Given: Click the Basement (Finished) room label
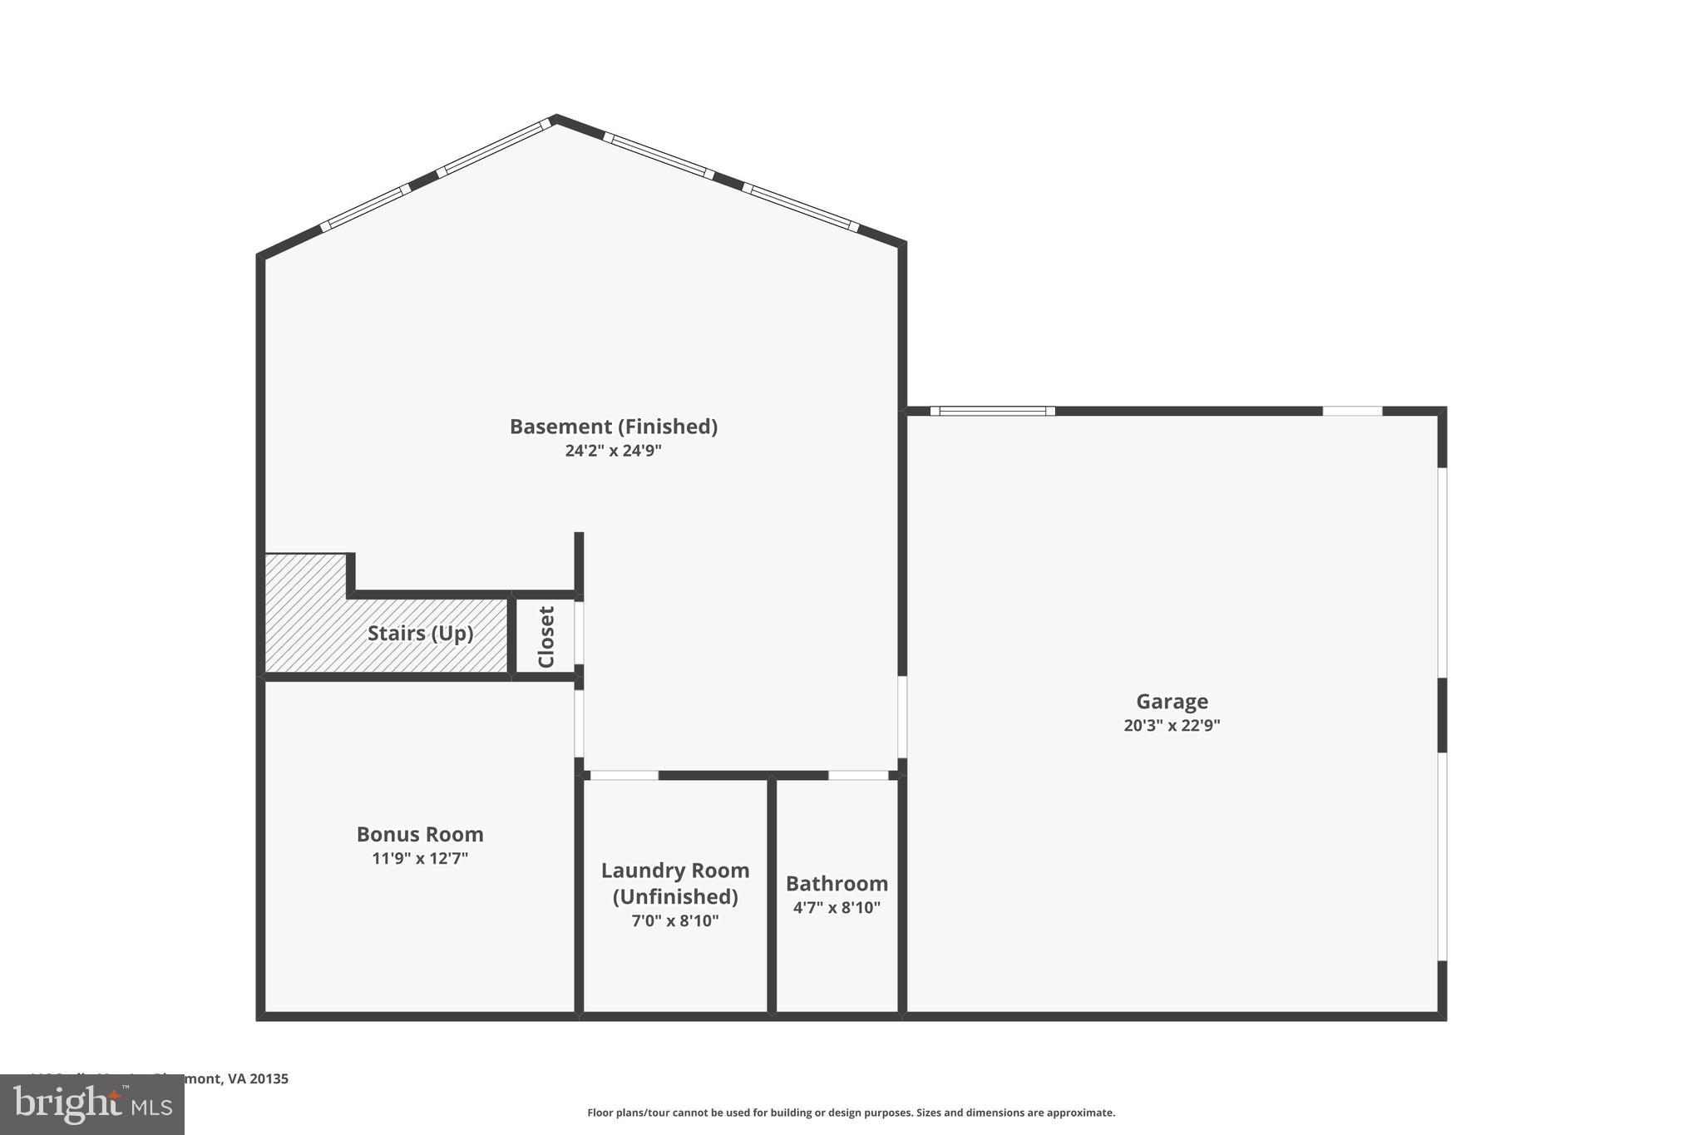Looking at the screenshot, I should tap(613, 427).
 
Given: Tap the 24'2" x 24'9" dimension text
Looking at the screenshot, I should tap(613, 451).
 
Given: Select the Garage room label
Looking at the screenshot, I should tap(1172, 702).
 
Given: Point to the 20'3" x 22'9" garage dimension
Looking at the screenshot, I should tap(1172, 725).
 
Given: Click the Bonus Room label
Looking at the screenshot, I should tap(420, 834).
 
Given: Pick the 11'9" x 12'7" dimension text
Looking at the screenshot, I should tap(420, 858).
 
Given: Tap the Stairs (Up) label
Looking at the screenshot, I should tap(420, 634).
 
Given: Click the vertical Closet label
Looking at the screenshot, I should tap(546, 637).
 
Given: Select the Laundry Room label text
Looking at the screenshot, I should tap(675, 883).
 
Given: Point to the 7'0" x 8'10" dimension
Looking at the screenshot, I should tap(675, 921).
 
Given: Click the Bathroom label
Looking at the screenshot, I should tap(837, 883).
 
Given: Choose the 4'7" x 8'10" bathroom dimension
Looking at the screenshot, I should tap(837, 907).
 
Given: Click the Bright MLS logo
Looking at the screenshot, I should tap(92, 1105).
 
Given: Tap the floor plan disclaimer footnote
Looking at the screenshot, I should tap(851, 1113).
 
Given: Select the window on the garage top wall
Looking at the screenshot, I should tap(992, 411).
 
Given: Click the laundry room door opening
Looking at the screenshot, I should tap(624, 775).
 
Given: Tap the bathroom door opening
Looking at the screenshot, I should tap(858, 775).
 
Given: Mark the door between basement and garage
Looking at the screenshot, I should tap(902, 717).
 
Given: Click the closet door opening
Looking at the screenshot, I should tap(579, 633).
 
